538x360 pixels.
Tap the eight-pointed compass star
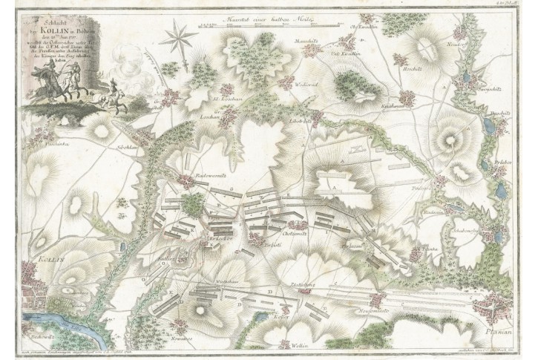pyautogui.click(x=178, y=36)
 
